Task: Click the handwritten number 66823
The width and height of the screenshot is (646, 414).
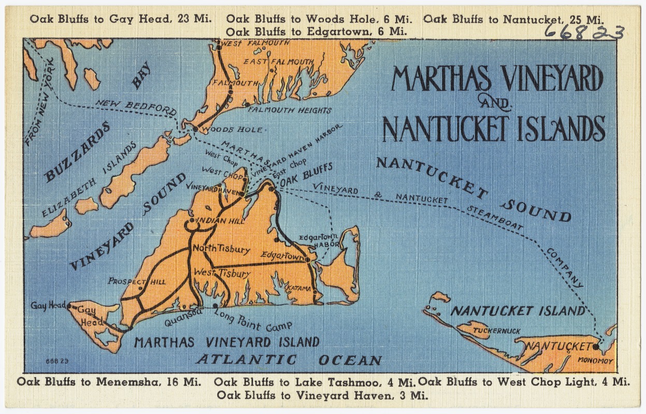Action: [x=583, y=33]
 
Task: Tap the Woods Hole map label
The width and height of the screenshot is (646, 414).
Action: [x=232, y=129]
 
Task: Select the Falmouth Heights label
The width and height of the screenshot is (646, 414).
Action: [x=289, y=110]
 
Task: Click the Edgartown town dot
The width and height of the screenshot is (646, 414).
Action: [x=307, y=260]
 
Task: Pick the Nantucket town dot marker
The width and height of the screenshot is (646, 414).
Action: [x=596, y=345]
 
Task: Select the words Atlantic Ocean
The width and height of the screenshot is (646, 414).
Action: [x=289, y=360]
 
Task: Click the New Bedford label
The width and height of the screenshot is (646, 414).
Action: [x=136, y=107]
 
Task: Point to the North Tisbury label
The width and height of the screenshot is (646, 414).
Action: [x=221, y=249]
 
